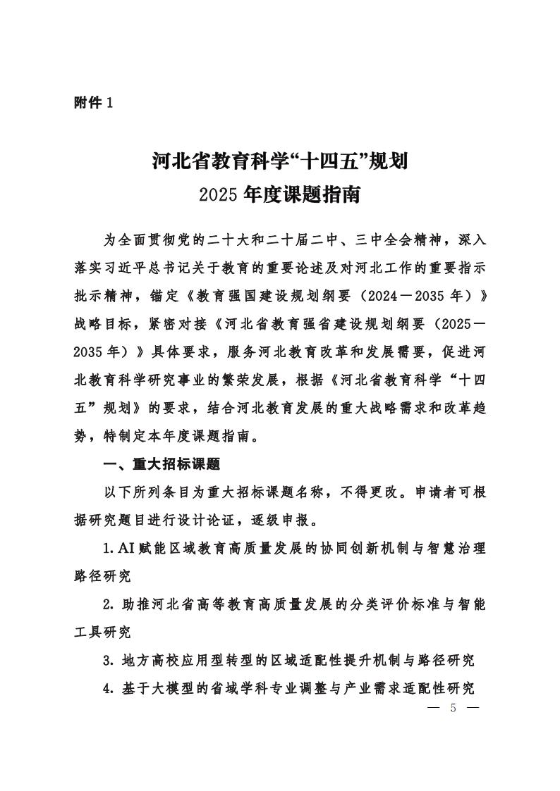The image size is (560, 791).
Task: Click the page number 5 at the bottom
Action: click(453, 708)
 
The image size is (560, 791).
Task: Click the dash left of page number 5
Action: click(432, 708)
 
